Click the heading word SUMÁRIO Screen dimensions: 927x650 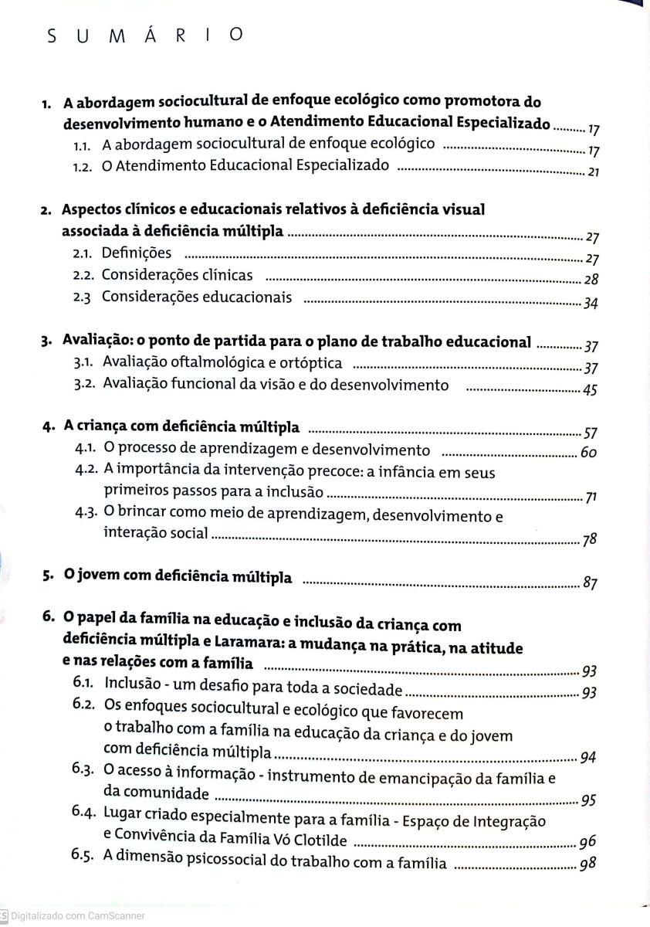click(x=145, y=36)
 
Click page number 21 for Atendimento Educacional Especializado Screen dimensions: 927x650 click(x=593, y=172)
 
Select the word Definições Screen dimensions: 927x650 click(x=137, y=253)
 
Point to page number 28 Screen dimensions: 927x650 click(x=591, y=280)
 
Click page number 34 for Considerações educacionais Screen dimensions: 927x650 click(x=591, y=303)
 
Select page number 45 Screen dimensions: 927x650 click(x=590, y=390)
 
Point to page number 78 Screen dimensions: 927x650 click(x=590, y=541)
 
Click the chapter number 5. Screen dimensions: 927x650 click(x=48, y=576)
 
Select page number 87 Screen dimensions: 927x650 click(x=591, y=583)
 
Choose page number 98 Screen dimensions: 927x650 click(x=587, y=864)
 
